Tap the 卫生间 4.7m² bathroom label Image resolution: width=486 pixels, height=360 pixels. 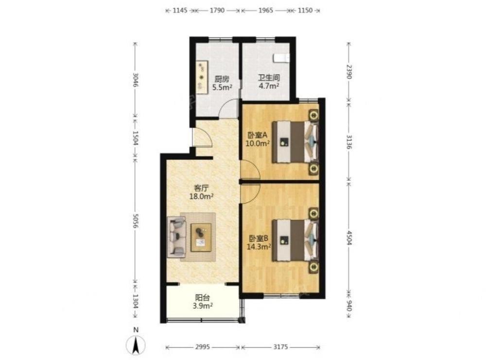[269, 82]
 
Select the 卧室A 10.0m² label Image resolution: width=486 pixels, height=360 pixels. [257, 139]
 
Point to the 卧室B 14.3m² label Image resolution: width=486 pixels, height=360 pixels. [259, 242]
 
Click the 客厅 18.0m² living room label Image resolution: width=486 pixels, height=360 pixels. [201, 192]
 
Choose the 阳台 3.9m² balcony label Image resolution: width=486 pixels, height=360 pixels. [202, 302]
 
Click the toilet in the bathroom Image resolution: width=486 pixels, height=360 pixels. [281, 58]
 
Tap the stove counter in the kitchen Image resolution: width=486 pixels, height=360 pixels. [202, 77]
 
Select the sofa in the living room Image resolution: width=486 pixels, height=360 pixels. [177, 237]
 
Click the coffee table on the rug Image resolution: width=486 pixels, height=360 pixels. [201, 237]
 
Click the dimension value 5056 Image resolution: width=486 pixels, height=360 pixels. [135, 221]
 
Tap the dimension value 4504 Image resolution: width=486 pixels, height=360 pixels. [348, 238]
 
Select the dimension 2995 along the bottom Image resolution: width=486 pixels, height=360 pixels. [203, 347]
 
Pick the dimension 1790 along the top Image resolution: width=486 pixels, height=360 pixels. [217, 10]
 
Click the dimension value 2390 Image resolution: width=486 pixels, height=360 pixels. [348, 72]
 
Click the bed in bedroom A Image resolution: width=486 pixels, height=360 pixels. [295, 142]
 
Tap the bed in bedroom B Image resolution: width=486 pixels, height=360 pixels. [295, 240]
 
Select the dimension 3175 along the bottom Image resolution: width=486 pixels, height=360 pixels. [280, 347]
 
